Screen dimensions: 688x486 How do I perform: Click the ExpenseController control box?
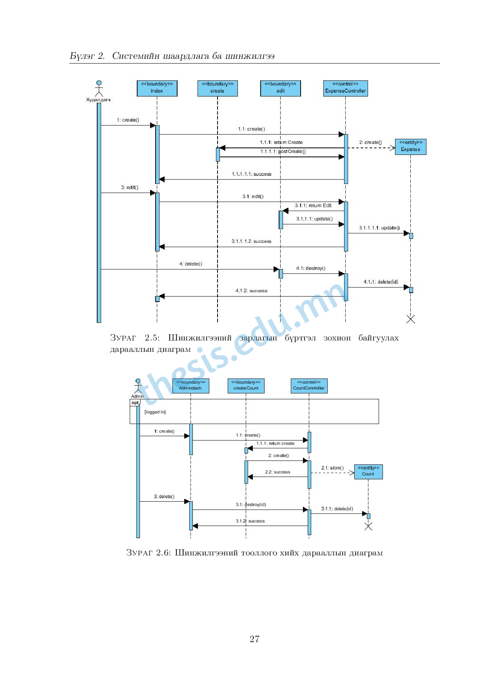click(x=345, y=88)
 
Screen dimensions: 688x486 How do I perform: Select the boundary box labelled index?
click(x=157, y=88)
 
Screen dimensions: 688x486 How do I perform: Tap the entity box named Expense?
click(x=410, y=147)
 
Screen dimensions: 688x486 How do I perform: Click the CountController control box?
click(x=309, y=386)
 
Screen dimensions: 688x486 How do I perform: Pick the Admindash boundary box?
click(x=190, y=386)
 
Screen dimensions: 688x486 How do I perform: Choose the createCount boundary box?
click(x=246, y=386)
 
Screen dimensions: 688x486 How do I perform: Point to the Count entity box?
click(x=368, y=471)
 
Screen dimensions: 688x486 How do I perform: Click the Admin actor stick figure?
click(x=138, y=386)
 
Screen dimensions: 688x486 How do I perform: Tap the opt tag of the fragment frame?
click(x=135, y=402)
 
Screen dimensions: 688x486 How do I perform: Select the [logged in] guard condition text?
click(x=155, y=412)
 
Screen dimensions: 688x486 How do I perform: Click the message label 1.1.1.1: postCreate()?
click(x=283, y=151)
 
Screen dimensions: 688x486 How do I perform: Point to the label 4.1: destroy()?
click(x=310, y=268)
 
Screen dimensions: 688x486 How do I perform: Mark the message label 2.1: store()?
click(x=332, y=468)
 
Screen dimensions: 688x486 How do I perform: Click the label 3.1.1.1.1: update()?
click(x=379, y=228)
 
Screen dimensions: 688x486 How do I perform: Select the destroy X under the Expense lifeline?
click(x=410, y=319)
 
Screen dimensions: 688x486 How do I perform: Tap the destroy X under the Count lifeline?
click(x=368, y=526)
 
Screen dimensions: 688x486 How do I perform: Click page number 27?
click(x=254, y=639)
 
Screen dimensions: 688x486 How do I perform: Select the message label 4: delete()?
click(x=190, y=264)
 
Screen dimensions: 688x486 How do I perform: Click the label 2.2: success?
click(x=277, y=472)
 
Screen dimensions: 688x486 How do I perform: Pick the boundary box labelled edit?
click(x=280, y=88)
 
